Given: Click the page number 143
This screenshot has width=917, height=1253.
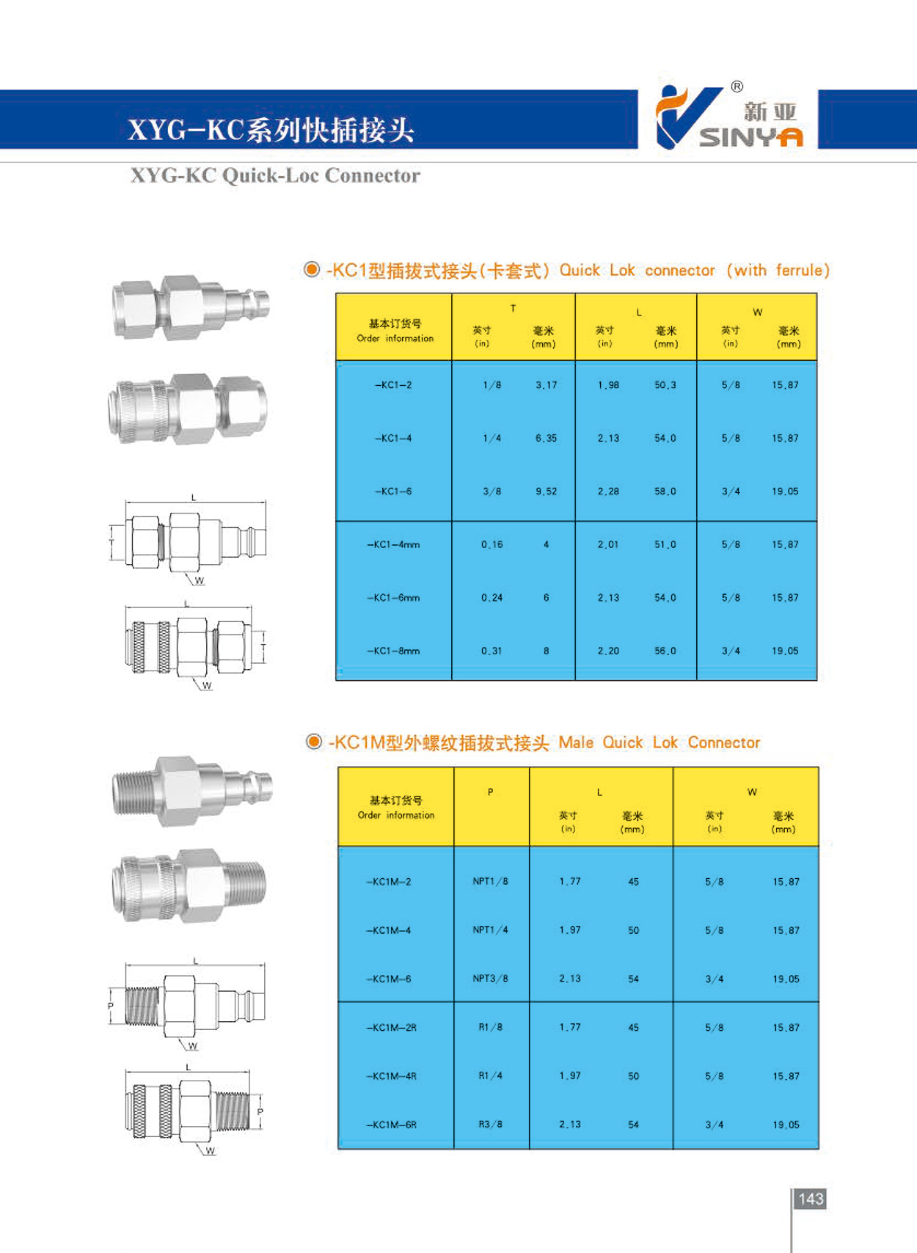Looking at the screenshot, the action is [x=811, y=1199].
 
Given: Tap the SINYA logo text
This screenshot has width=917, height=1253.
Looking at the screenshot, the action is [x=751, y=137].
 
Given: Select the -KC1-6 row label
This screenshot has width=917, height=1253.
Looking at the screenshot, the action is [x=393, y=491].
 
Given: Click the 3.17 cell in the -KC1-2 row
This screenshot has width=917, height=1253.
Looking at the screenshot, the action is [x=546, y=385].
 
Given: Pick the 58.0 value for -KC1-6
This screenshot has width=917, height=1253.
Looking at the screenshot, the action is [x=665, y=491].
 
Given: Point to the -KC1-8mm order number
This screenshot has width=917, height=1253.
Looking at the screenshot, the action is [x=393, y=651].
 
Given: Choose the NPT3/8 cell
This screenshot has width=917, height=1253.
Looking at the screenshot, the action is [x=491, y=979].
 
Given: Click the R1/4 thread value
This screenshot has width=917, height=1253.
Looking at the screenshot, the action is [x=491, y=1075].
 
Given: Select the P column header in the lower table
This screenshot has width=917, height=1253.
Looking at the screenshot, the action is [x=491, y=792].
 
